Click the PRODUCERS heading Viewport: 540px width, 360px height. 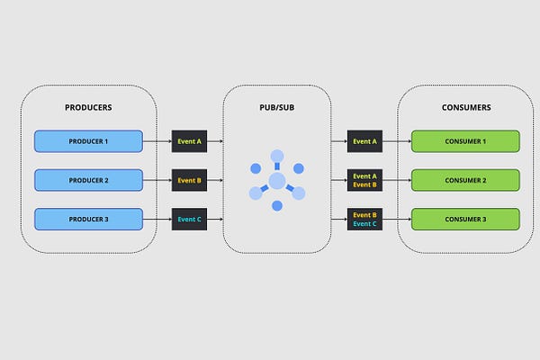tap(88, 107)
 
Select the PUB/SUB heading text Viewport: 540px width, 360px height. tap(277, 107)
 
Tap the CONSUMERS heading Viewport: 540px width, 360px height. tap(465, 107)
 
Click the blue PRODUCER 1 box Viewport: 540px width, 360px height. tap(88, 141)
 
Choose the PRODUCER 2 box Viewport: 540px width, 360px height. tap(88, 180)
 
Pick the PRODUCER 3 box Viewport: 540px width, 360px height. tap(88, 219)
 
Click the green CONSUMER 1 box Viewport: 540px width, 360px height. tap(465, 141)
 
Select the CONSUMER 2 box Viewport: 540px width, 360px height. tap(465, 180)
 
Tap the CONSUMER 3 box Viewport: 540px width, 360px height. tap(465, 219)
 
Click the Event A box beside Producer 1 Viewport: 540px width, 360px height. tap(190, 141)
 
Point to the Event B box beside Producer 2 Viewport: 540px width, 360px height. tap(190, 180)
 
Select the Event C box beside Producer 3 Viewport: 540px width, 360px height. tap(190, 219)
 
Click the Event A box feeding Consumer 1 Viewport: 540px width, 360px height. tap(364, 141)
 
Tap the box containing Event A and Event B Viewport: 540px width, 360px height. tap(364, 180)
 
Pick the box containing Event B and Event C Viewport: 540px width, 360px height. tap(364, 219)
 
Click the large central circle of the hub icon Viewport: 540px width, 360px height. tap(277, 181)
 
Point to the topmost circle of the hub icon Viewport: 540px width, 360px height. tap(277, 156)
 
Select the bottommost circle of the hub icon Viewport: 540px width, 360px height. tap(277, 206)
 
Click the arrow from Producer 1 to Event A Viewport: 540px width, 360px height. tap(157, 141)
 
